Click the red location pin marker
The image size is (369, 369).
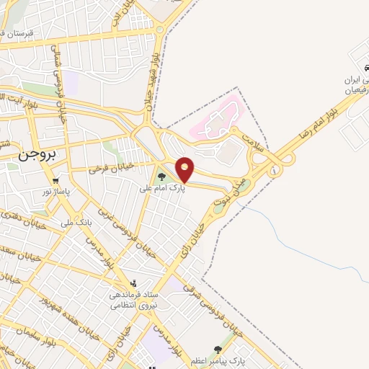[185, 169]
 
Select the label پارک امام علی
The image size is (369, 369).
[162, 187]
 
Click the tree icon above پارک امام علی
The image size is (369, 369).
[161, 176]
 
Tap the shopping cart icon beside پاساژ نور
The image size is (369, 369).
[55, 180]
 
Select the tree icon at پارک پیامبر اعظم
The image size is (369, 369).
[218, 349]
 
